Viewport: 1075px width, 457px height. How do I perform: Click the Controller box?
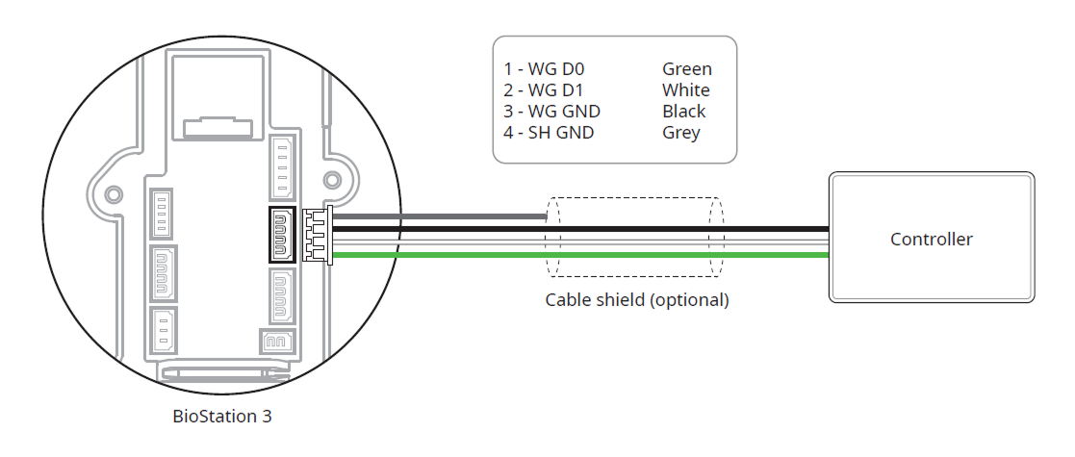coord(931,239)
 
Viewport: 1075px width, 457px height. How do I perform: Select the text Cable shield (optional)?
coord(637,299)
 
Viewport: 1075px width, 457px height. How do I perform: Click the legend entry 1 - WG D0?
coord(545,69)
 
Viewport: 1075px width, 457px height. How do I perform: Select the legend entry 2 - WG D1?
coord(544,90)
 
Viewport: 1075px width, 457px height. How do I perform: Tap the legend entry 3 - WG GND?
coord(552,112)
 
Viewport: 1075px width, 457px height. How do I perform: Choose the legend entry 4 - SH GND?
coord(549,133)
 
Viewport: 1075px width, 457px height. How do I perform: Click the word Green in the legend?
coord(686,69)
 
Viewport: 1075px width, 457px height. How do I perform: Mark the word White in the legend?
coord(685,90)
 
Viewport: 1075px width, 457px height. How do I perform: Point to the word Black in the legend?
coord(683,112)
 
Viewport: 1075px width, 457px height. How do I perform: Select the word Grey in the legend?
coord(680,133)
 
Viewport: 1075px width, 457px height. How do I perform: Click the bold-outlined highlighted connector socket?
coord(283,234)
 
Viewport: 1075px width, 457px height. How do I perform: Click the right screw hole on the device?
coord(332,180)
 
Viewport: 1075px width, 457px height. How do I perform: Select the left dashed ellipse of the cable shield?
coord(552,237)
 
